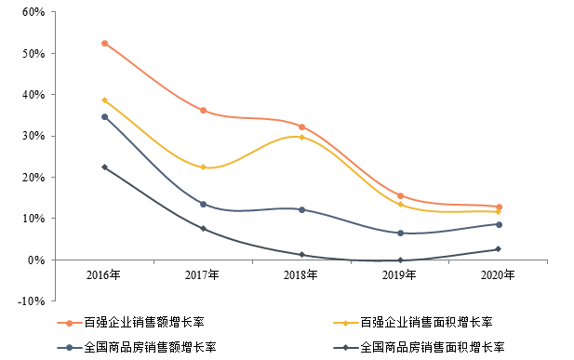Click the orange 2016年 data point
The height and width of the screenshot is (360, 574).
105,44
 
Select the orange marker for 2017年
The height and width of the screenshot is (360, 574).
203,111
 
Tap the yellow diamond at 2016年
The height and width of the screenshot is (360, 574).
105,100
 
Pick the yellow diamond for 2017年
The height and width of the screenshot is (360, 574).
203,167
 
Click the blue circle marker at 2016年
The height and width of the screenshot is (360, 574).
105,117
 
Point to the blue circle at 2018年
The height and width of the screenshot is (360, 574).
301,210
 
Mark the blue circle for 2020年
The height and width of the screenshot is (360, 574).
499,224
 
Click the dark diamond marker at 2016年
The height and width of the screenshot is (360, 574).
105,167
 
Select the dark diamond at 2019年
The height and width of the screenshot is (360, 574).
400,260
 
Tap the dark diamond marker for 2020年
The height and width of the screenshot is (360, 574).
499,249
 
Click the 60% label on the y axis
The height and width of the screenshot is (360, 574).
33,12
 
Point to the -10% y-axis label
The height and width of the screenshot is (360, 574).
31,301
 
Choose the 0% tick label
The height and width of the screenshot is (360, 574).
36,260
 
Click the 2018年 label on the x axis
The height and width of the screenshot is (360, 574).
300,274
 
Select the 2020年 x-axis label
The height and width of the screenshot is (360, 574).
498,274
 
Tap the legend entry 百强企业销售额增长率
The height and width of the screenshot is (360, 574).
131,322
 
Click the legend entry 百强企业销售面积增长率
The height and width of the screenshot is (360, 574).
413,322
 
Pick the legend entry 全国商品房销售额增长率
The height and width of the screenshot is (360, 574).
137,347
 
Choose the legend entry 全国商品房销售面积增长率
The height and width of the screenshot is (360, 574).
420,347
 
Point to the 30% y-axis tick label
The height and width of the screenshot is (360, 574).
33,136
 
